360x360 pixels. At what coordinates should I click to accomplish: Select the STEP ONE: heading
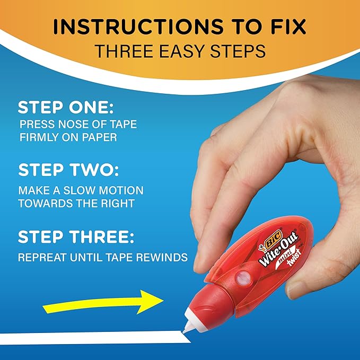(66, 108)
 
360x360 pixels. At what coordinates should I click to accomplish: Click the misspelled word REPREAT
(43, 258)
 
